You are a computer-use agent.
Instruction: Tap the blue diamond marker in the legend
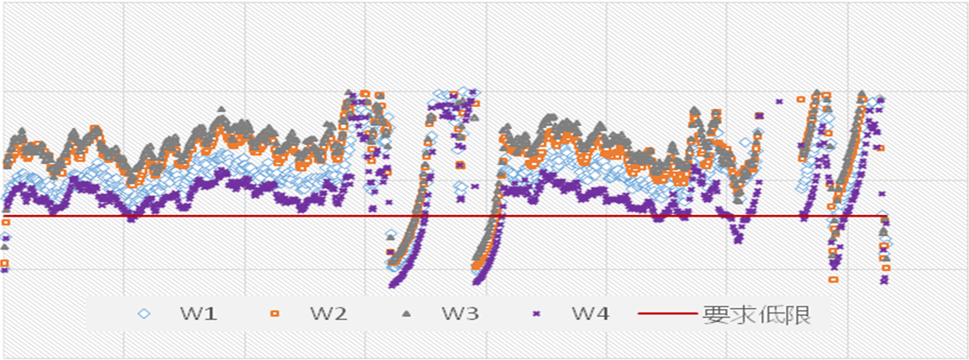tap(144, 314)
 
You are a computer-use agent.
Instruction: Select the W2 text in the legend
tap(329, 314)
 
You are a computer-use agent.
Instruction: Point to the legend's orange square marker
tap(275, 314)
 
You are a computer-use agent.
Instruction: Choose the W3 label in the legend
tap(459, 314)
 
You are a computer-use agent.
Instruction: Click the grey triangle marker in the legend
tap(406, 314)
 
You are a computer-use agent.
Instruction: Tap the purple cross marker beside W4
tap(536, 314)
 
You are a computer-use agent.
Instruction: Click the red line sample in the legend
tap(669, 314)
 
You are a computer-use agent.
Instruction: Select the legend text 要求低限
tap(757, 314)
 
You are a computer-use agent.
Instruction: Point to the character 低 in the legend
tap(770, 314)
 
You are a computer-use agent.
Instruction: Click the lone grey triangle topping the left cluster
tap(221, 109)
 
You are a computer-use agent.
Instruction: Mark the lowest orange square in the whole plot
tap(833, 279)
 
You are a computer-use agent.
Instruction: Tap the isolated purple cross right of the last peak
tap(881, 193)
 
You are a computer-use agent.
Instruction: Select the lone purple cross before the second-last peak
tap(779, 101)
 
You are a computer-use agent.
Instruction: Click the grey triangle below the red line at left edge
tap(4, 246)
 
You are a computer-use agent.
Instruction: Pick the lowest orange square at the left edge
tap(4, 263)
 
